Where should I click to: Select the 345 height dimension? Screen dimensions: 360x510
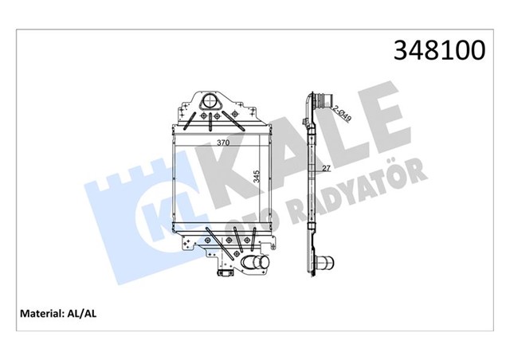pyautogui.click(x=257, y=176)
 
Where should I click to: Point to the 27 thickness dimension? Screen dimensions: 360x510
pyautogui.click(x=326, y=169)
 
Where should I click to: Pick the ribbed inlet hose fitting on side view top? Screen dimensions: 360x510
pyautogui.click(x=320, y=103)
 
